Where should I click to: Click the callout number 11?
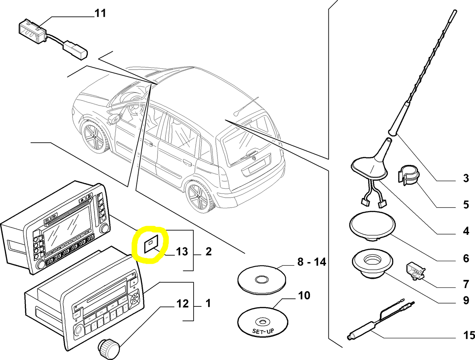tap(100, 13)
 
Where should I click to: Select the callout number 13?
tap(182, 252)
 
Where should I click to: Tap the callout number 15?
tap(469, 335)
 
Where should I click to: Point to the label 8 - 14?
tap(311, 262)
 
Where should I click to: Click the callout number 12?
tap(182, 304)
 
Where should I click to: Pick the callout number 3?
tap(466, 178)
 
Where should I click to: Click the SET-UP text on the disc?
tap(263, 331)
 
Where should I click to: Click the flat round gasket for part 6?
tap(372, 224)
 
